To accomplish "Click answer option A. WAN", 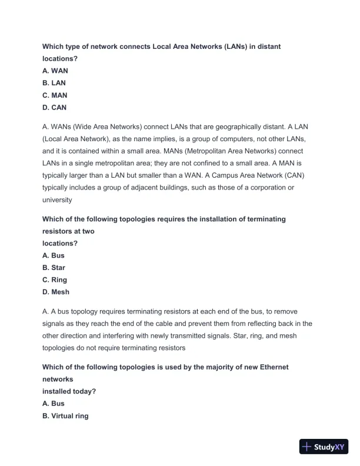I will point(55,71).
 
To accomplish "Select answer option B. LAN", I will point(54,83).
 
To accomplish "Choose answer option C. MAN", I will point(55,95).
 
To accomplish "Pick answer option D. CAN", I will point(55,108).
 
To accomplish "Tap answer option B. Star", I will point(54,268).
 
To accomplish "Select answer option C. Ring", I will point(55,280).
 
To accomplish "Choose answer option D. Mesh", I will point(56,292).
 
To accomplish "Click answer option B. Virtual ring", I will point(65,416).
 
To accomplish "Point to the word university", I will point(57,199).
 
